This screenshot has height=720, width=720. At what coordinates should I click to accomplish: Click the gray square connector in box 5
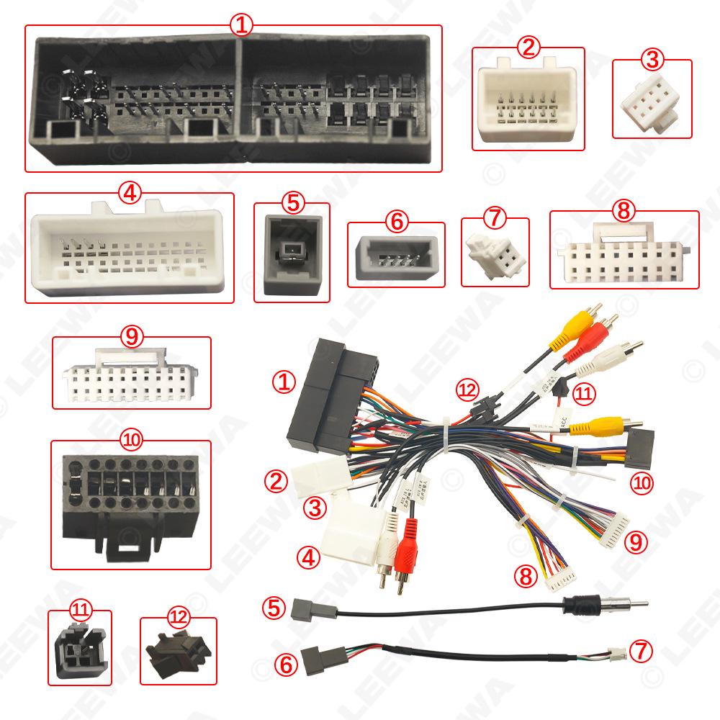pyautogui.click(x=292, y=256)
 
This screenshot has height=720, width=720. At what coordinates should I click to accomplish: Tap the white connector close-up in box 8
pyautogui.click(x=624, y=256)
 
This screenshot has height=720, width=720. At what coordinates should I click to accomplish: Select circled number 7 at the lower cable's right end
pyautogui.click(x=642, y=652)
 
